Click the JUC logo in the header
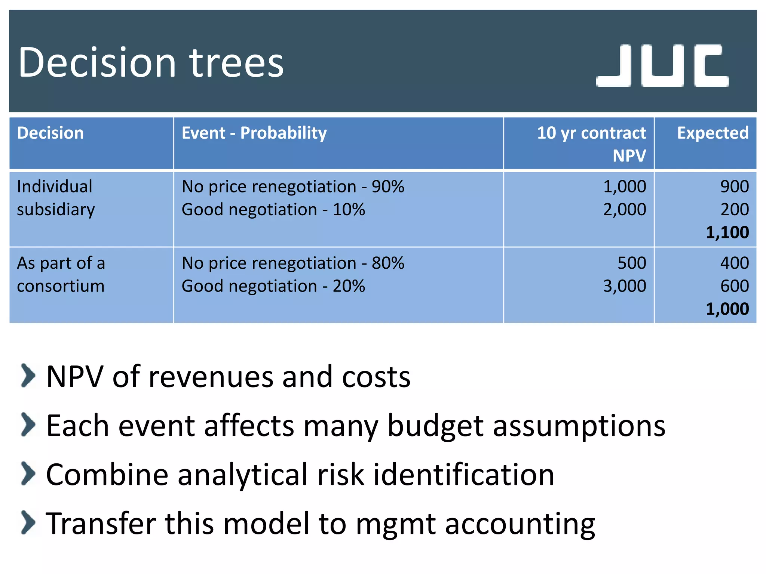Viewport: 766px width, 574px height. (662, 66)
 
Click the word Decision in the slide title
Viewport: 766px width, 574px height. (97, 63)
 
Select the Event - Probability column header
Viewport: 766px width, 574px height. (254, 133)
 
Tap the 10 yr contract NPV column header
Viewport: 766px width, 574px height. (591, 144)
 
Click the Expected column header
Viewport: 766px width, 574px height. (713, 133)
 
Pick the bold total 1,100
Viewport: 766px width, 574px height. (727, 232)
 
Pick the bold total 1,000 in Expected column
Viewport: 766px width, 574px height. (727, 309)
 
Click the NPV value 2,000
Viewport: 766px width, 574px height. (624, 209)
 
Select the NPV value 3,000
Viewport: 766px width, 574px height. (624, 286)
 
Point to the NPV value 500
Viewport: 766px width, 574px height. (631, 263)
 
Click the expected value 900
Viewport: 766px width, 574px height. (734, 186)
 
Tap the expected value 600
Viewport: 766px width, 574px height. (734, 286)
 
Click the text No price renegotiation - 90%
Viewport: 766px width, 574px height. (293, 186)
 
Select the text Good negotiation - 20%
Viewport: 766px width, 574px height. (273, 286)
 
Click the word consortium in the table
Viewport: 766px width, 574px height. (61, 286)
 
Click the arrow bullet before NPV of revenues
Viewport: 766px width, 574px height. (28, 375)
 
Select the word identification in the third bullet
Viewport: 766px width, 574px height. (464, 475)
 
